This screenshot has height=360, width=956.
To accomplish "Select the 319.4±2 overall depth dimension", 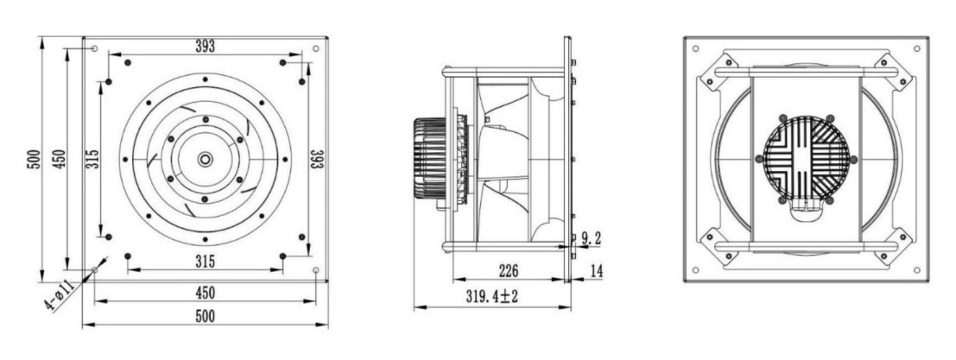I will coord(492,296).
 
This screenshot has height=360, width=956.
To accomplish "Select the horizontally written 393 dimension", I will coord(204,45).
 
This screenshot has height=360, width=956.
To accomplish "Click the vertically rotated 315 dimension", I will coord(92,159).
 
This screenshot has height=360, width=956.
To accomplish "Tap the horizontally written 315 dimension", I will coord(204,261).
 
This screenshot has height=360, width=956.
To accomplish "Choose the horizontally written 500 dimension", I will coord(204,316).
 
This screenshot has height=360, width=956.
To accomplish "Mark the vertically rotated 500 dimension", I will coord(32,159).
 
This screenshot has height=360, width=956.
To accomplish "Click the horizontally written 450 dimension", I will coord(204,292).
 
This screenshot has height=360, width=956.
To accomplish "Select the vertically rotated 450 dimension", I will coord(57,159).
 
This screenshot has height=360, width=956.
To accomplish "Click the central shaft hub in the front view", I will coord(205,159).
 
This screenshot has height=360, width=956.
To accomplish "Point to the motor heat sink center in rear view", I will coord(806,159).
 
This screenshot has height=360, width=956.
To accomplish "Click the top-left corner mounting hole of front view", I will coord(94,48).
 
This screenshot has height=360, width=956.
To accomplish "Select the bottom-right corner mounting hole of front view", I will coord(316,270).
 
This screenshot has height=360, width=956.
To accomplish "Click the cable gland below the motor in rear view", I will coord(806,207).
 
